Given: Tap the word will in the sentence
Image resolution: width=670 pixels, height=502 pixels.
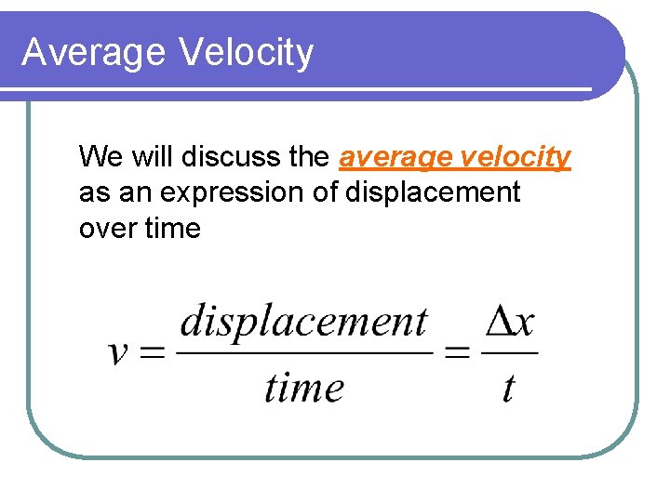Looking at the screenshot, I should click(x=153, y=157).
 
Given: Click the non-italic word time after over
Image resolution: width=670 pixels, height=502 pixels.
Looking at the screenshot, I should click(x=172, y=228).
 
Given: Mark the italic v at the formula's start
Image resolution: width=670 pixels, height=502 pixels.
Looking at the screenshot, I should click(x=119, y=353).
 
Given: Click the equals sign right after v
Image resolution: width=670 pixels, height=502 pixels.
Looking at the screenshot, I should click(x=152, y=353).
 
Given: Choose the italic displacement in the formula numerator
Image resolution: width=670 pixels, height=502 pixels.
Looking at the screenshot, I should click(x=303, y=322).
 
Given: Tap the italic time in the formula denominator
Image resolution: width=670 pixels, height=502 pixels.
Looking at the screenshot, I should click(x=303, y=386).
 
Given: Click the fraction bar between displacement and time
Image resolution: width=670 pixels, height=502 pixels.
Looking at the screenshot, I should click(x=303, y=352).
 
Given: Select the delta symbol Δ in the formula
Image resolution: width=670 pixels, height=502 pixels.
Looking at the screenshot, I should click(x=499, y=323).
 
